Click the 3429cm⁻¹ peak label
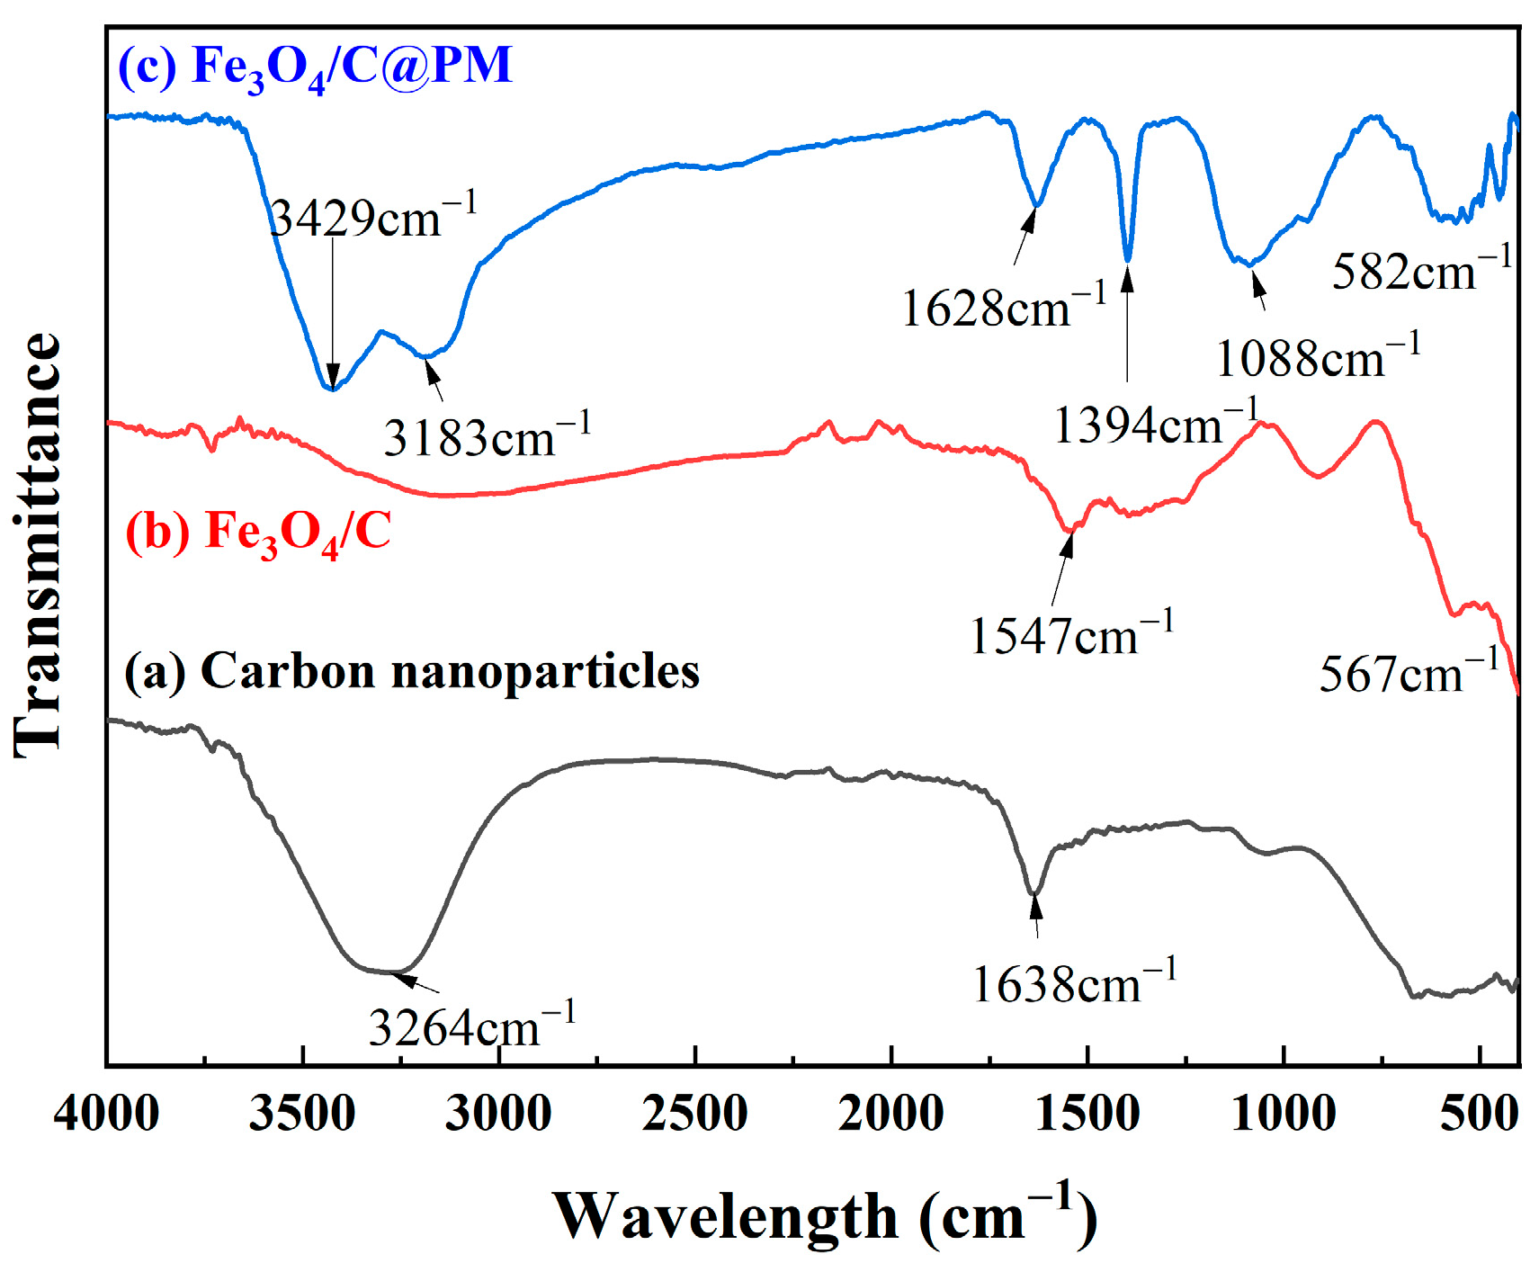tap(372, 216)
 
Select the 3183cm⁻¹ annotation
tap(487, 437)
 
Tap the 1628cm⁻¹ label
tap(1003, 308)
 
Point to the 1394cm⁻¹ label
tap(1155, 423)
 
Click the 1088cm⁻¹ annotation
tap(1318, 357)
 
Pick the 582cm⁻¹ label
tap(1422, 270)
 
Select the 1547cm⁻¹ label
tap(1071, 635)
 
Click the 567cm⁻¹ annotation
tap(1409, 673)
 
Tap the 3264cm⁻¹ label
tap(471, 1026)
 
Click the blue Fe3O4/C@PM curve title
tap(315, 66)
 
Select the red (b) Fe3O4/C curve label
tap(258, 532)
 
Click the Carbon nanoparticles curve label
tap(411, 671)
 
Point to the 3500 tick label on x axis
tap(302, 1114)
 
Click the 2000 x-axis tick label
tap(890, 1114)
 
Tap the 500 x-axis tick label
tap(1479, 1114)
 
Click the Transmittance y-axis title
tap(38, 545)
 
